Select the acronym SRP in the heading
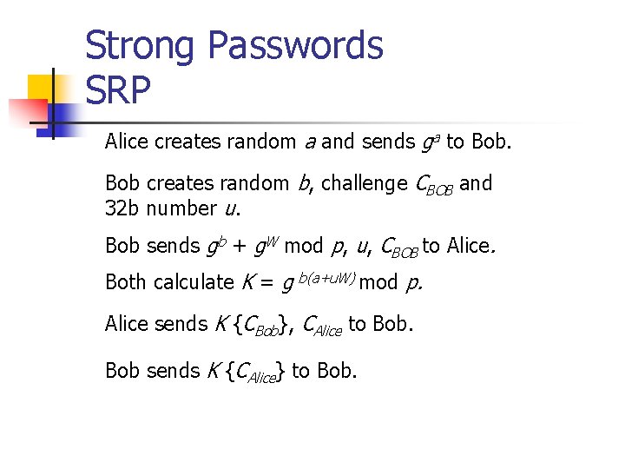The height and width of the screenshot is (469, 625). click(x=118, y=89)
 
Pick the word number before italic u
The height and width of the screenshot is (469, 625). click(x=181, y=208)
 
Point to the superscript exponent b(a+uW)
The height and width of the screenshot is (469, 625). click(x=326, y=276)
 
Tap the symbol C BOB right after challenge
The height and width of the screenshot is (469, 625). click(x=433, y=185)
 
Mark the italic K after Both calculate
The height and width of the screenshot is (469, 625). click(x=247, y=282)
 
